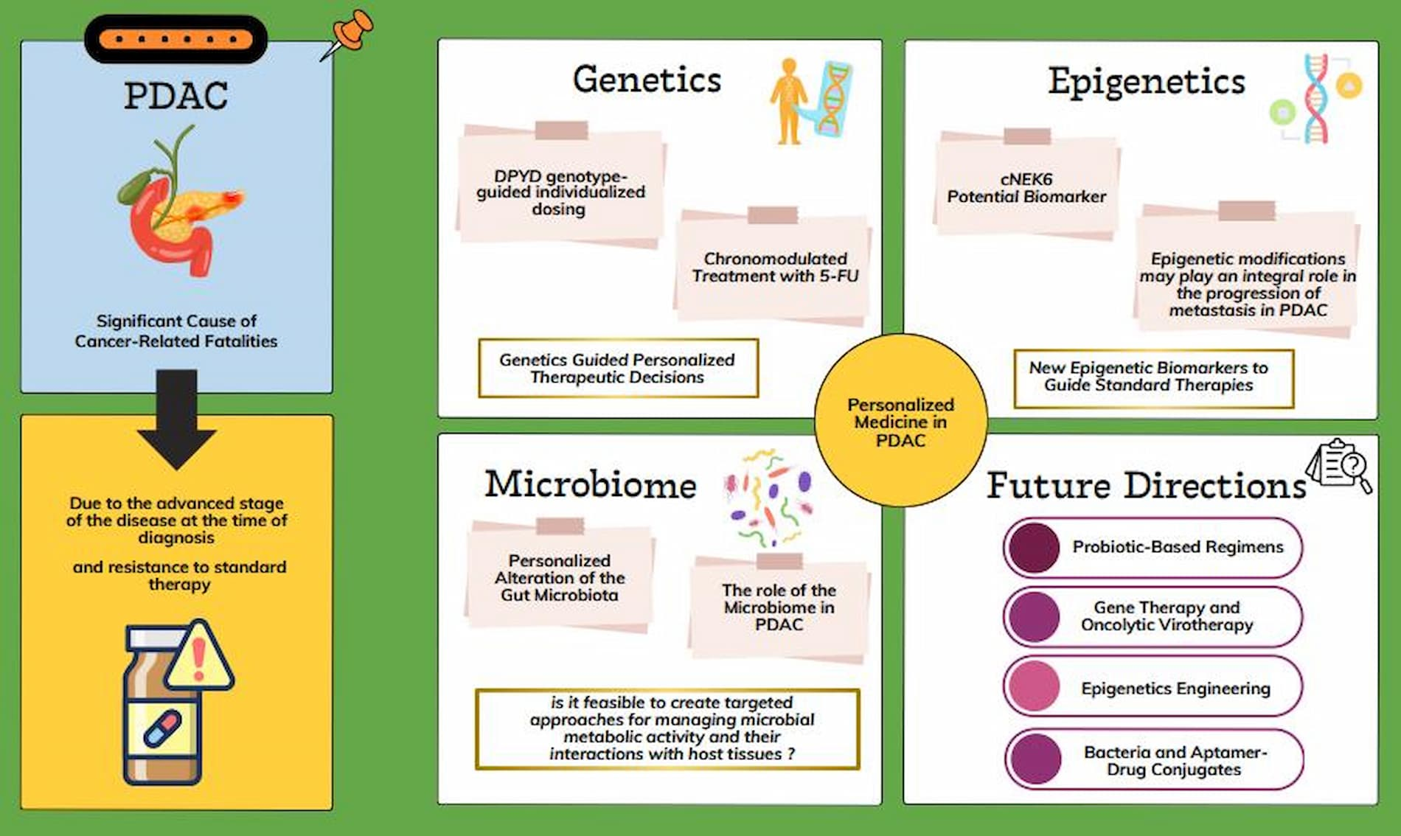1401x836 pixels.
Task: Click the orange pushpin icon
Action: coord(348,34)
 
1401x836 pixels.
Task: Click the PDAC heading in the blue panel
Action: coord(176,96)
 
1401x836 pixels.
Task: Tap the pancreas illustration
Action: coord(181,202)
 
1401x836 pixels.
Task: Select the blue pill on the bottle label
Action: coord(162,728)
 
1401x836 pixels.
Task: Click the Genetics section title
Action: coord(647,79)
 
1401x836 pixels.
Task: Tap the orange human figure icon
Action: coord(788,102)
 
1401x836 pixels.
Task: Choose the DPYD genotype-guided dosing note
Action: coord(560,188)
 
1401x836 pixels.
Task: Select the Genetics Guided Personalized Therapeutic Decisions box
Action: coord(618,368)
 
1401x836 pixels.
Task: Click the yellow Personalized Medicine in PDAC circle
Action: coord(900,420)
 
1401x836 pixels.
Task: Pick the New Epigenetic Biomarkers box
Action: coord(1153,378)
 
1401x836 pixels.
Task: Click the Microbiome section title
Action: coord(590,484)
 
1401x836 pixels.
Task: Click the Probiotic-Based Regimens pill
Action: coord(1153,547)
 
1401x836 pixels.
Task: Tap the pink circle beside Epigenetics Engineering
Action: coord(1034,686)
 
